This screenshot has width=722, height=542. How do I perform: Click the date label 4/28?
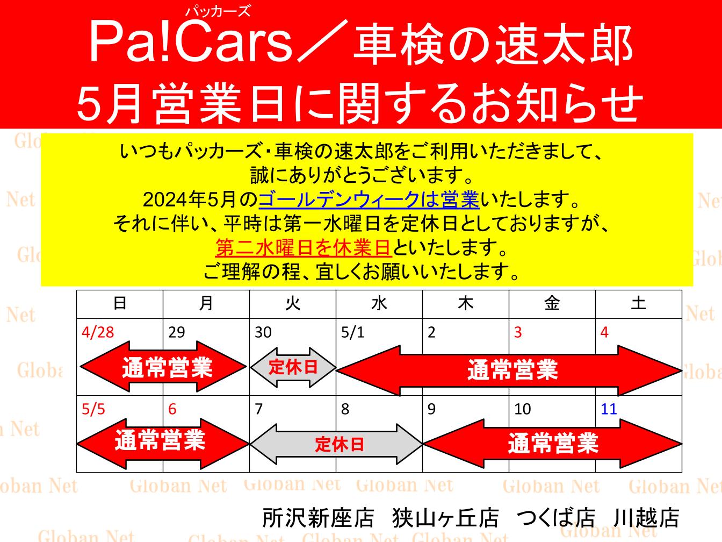98,332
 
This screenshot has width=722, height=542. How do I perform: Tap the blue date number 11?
609,409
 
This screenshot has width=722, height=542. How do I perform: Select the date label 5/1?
352,332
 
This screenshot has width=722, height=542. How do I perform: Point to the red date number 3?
518,332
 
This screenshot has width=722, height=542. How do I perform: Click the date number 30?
263,332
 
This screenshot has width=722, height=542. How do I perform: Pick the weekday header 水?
379,304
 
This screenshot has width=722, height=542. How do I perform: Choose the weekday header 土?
638,304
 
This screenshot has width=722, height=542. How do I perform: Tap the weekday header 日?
120,304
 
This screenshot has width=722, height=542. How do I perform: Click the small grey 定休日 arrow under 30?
293,368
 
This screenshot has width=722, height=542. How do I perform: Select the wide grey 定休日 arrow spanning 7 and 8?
337,444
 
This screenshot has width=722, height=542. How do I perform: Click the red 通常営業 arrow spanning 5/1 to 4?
509,370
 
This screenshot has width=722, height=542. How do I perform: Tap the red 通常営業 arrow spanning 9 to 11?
552,444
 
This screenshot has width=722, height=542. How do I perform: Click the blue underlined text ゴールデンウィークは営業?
369,200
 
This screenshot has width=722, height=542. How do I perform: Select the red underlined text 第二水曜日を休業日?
303,248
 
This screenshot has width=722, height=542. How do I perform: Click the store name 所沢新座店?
318,518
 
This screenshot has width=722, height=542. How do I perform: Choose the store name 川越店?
646,518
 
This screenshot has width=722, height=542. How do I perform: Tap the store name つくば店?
555,518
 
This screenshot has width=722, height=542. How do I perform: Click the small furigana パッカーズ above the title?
218,11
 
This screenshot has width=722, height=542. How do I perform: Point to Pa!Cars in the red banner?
191,42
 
